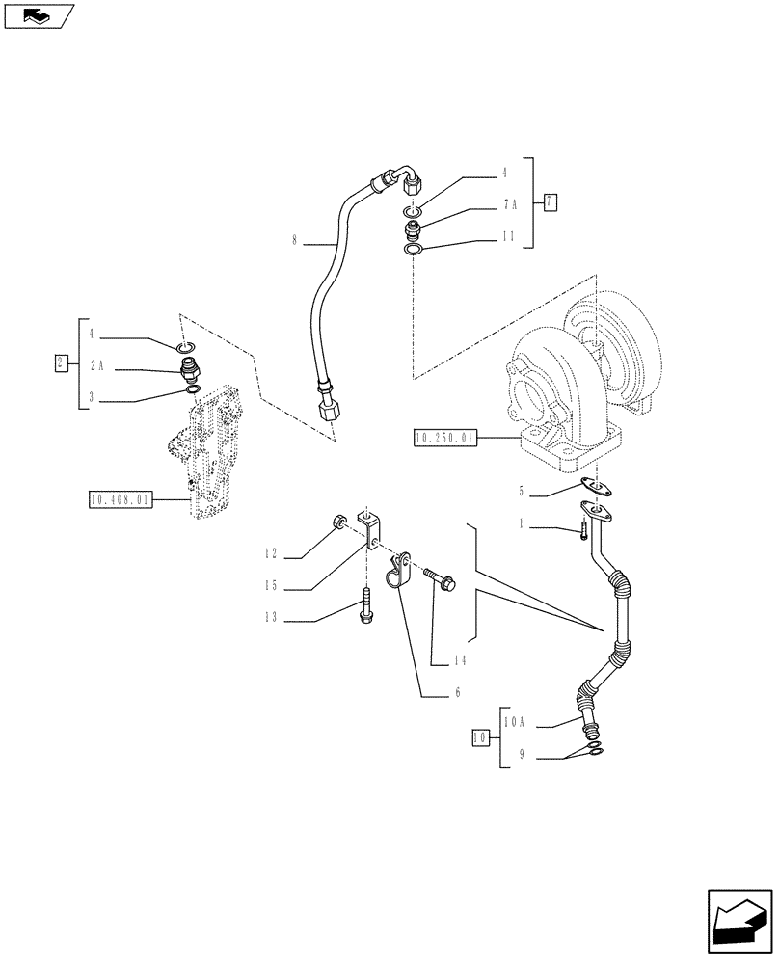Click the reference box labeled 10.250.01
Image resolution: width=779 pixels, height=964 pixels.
pyautogui.click(x=443, y=438)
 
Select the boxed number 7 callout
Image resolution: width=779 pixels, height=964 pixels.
pyautogui.click(x=550, y=201)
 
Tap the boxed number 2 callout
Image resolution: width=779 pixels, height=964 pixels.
pyautogui.click(x=62, y=363)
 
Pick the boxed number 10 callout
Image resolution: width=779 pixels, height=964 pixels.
pyautogui.click(x=478, y=738)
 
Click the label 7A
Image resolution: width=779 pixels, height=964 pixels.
pyautogui.click(x=509, y=204)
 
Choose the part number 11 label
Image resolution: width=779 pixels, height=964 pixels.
pyautogui.click(x=509, y=235)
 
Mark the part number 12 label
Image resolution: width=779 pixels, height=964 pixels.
pyautogui.click(x=272, y=553)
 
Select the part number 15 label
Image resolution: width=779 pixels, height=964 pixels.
pyautogui.click(x=272, y=584)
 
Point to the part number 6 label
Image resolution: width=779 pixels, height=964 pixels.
pyautogui.click(x=458, y=692)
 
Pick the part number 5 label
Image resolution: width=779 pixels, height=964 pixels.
pyautogui.click(x=521, y=492)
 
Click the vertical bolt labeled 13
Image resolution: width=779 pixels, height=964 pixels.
pyautogui.click(x=367, y=606)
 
